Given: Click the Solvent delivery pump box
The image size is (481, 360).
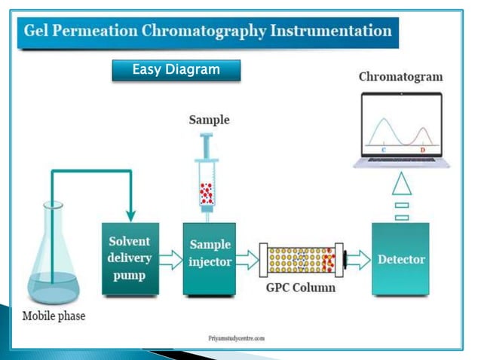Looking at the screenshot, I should (x=130, y=258).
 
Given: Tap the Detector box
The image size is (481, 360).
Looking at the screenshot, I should (x=400, y=259).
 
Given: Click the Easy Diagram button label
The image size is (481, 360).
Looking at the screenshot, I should (x=176, y=70).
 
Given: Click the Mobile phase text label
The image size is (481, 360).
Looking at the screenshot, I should (x=54, y=316).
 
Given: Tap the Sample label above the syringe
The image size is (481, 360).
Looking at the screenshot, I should (x=209, y=120).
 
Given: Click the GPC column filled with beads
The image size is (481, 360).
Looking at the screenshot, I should (x=300, y=260).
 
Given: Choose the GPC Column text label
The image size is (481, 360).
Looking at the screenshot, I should (x=300, y=287).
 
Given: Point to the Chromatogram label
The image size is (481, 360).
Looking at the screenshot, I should (x=400, y=77).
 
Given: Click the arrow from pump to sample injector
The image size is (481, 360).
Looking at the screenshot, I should (x=171, y=260).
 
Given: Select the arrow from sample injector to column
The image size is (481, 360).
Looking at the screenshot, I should (x=246, y=260).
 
